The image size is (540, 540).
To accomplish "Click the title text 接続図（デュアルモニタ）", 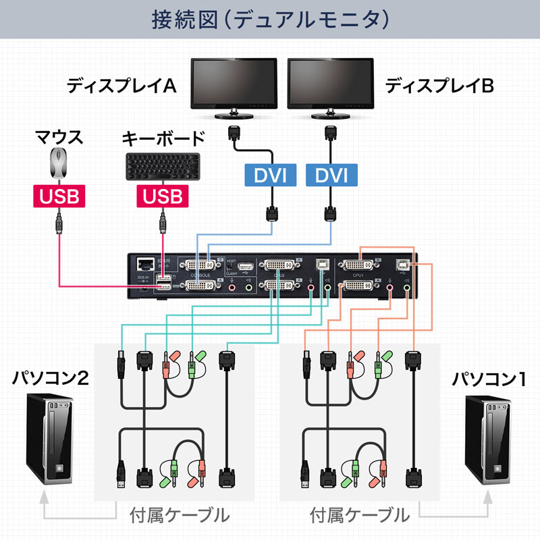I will tap(270, 18).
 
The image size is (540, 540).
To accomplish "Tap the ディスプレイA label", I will tap(122, 86).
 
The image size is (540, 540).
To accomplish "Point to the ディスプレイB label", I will tap(439, 86).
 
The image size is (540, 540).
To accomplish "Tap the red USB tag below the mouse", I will tap(59, 196).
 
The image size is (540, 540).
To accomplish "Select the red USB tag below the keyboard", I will tap(163, 196).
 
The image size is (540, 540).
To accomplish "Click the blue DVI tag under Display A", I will tap(270, 176).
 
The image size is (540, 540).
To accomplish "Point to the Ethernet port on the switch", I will tap(144, 264).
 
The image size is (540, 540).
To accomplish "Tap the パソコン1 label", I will tap(489, 379).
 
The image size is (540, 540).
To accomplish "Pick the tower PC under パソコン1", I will tap(492, 439).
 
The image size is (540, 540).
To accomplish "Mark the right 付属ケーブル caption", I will tap(360, 516).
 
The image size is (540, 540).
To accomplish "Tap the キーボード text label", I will tap(163, 139).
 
